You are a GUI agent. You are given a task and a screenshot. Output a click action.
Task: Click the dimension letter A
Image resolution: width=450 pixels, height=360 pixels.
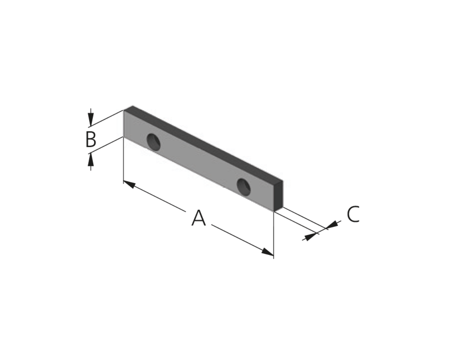pos(198,218)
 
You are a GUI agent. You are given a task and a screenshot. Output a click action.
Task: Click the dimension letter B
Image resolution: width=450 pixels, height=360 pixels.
pos(91,139)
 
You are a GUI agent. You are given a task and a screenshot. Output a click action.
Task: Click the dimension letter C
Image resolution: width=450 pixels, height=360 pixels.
pos(353,214)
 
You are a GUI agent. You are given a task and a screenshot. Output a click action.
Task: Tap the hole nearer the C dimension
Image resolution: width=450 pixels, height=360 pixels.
pos(244,187)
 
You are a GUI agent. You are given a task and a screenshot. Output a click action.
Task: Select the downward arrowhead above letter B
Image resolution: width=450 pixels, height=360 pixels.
pos(91,120)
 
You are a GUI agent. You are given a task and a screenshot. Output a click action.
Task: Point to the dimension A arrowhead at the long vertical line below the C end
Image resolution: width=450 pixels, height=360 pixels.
pos(268,252)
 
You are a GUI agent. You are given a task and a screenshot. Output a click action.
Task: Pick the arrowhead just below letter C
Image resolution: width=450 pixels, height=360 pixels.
pos(332,224)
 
